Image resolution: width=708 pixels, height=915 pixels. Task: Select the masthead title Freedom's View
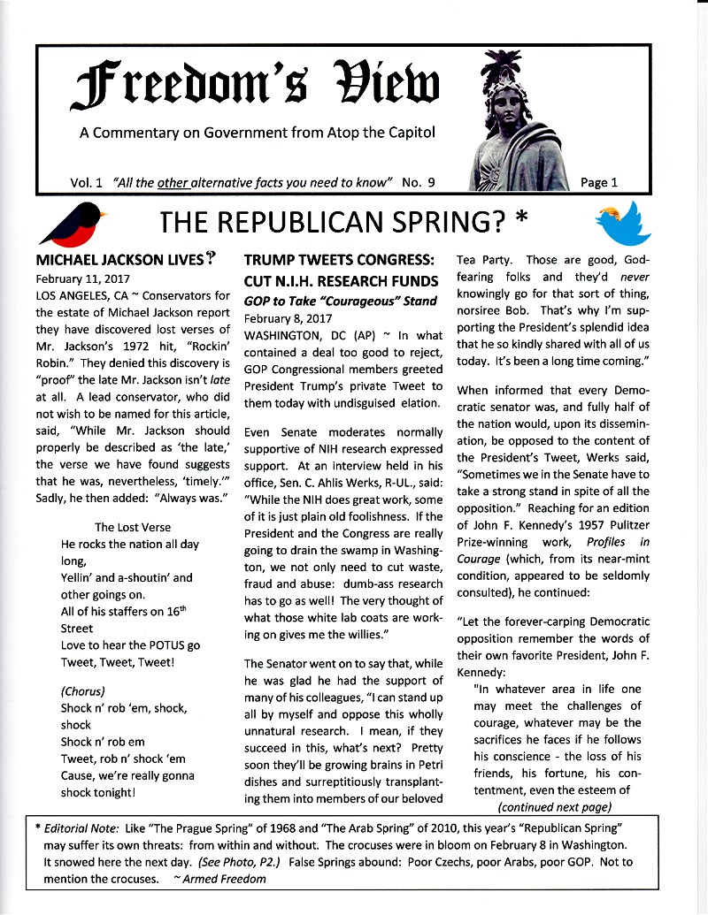click(257, 88)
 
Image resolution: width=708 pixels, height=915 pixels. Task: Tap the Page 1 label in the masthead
click(599, 182)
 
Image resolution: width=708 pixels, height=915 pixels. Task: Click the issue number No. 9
click(419, 182)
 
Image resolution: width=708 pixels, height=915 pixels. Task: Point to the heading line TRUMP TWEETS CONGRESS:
click(339, 261)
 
